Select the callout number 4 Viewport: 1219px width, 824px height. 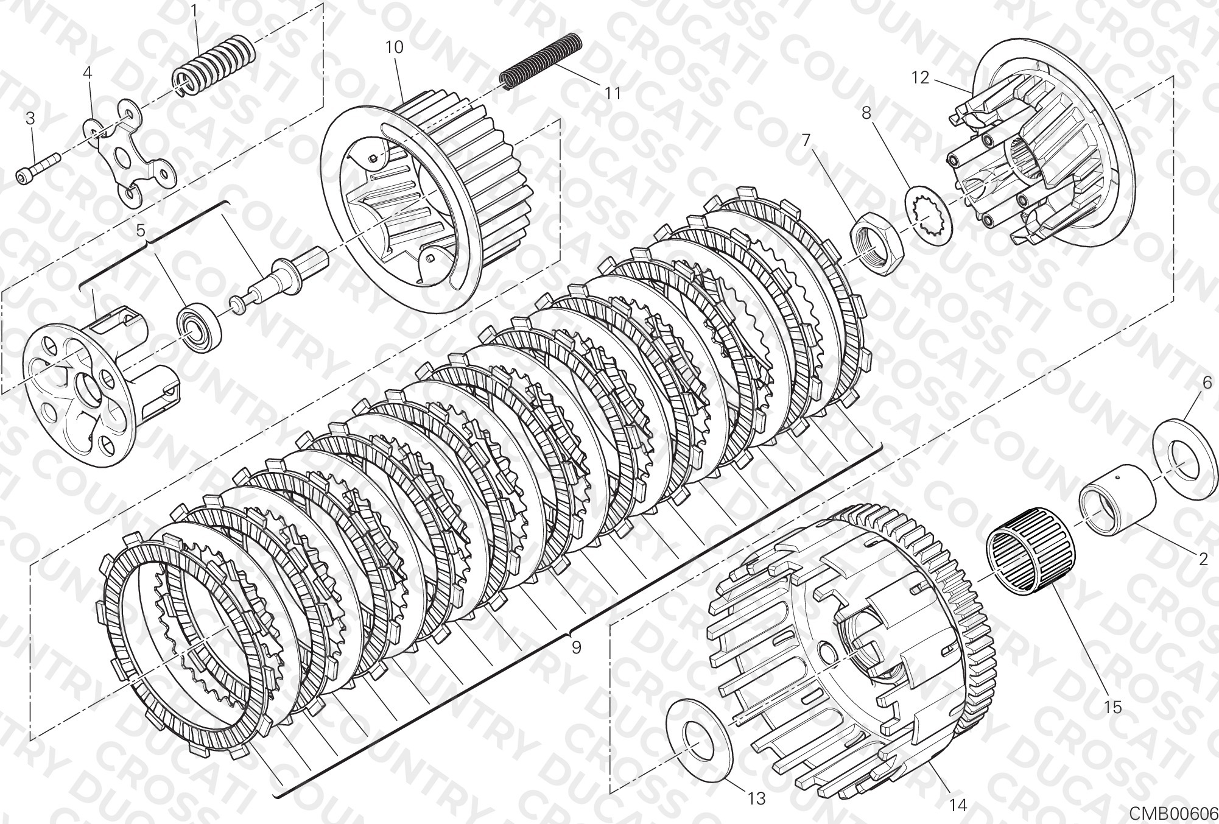[88, 73]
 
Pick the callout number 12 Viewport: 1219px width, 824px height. [921, 78]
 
